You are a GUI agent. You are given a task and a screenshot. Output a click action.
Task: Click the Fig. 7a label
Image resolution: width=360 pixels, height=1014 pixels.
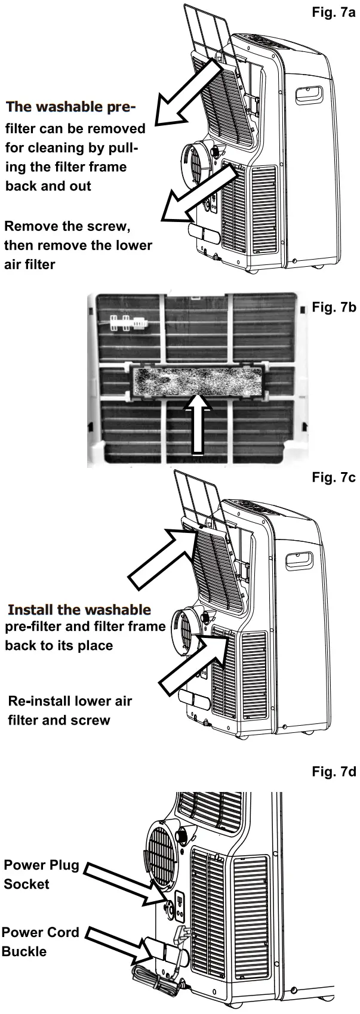pos(333,13)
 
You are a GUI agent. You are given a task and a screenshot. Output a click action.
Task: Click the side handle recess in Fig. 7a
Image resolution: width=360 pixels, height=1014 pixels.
pos(309,94)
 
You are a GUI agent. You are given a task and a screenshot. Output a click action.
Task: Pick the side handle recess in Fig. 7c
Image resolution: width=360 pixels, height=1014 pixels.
pos(299,560)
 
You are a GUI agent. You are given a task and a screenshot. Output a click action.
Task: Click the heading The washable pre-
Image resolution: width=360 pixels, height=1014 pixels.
pos(71,107)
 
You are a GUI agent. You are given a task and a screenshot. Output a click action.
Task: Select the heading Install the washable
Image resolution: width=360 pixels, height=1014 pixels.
pos(79,609)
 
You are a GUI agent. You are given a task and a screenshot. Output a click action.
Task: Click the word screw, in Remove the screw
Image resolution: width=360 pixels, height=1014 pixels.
pos(109,227)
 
